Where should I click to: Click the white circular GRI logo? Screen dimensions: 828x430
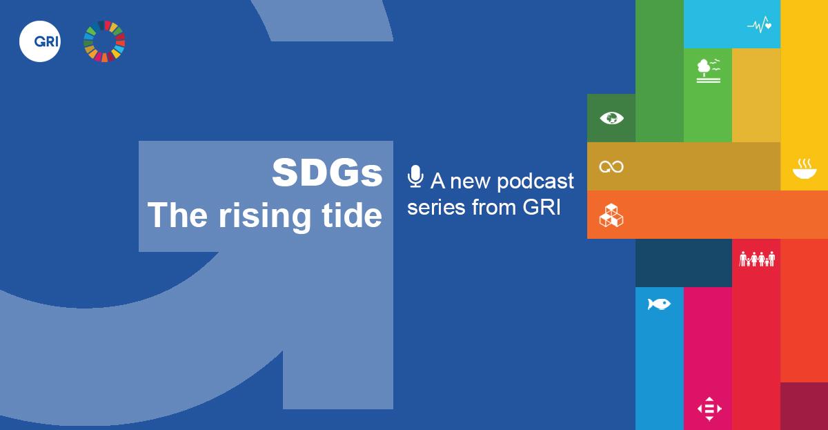(x=40, y=41)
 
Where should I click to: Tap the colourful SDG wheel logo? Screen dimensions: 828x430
(x=104, y=41)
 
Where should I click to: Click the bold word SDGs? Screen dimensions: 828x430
(x=327, y=173)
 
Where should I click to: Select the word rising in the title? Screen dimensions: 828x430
(x=265, y=216)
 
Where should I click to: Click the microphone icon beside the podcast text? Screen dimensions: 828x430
(x=415, y=177)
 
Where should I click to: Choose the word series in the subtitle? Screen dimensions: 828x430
(x=436, y=207)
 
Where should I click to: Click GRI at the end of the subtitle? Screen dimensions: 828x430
(x=542, y=207)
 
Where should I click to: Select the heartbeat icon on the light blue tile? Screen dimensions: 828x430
(x=759, y=25)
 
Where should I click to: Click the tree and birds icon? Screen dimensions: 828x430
(x=709, y=70)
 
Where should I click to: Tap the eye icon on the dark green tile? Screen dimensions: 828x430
(x=611, y=118)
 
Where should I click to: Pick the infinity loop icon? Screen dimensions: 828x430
(x=611, y=167)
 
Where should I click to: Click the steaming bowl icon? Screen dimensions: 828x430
(x=805, y=169)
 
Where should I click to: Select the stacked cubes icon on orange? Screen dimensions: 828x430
(x=611, y=215)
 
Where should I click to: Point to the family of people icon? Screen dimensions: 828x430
(x=757, y=259)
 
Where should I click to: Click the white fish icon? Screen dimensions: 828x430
(x=659, y=304)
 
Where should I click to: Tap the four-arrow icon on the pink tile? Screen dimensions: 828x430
(x=709, y=409)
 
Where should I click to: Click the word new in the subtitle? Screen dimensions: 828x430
(x=471, y=182)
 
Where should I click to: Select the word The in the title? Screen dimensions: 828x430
(x=177, y=215)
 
